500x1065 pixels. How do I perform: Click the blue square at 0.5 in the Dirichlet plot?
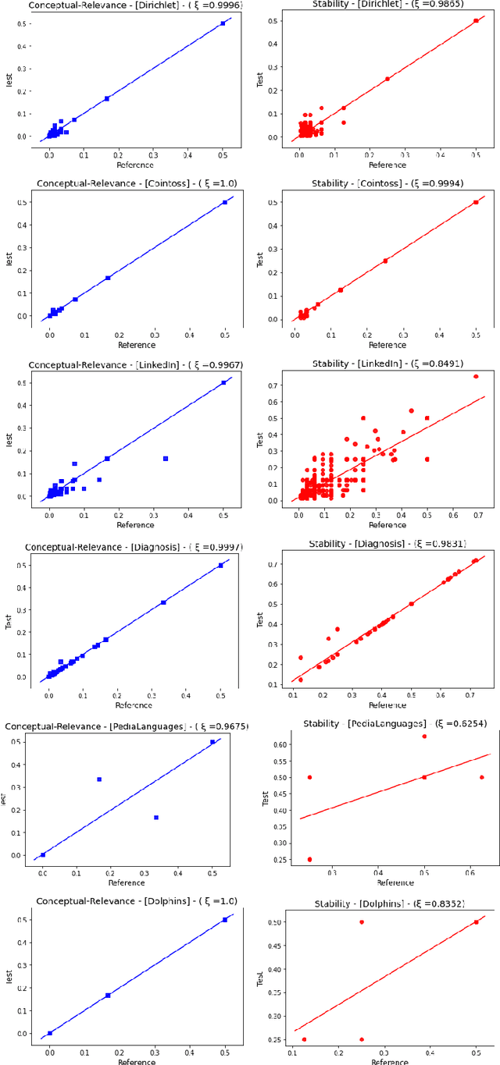coord(223,23)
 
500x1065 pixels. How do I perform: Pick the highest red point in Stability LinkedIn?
coord(475,377)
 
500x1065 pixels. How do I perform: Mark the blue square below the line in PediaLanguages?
coord(155,817)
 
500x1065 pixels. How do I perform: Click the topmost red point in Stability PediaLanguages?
coord(424,737)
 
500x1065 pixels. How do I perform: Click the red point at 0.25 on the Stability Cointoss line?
coord(385,261)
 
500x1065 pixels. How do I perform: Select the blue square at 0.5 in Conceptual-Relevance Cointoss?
coord(225,202)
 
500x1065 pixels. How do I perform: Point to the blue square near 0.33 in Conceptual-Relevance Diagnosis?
coord(162,602)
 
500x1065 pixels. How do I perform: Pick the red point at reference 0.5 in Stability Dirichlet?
coord(476,21)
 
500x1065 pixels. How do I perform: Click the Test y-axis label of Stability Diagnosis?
coord(260,619)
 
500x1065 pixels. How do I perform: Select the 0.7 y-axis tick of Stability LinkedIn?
coord(279,385)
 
